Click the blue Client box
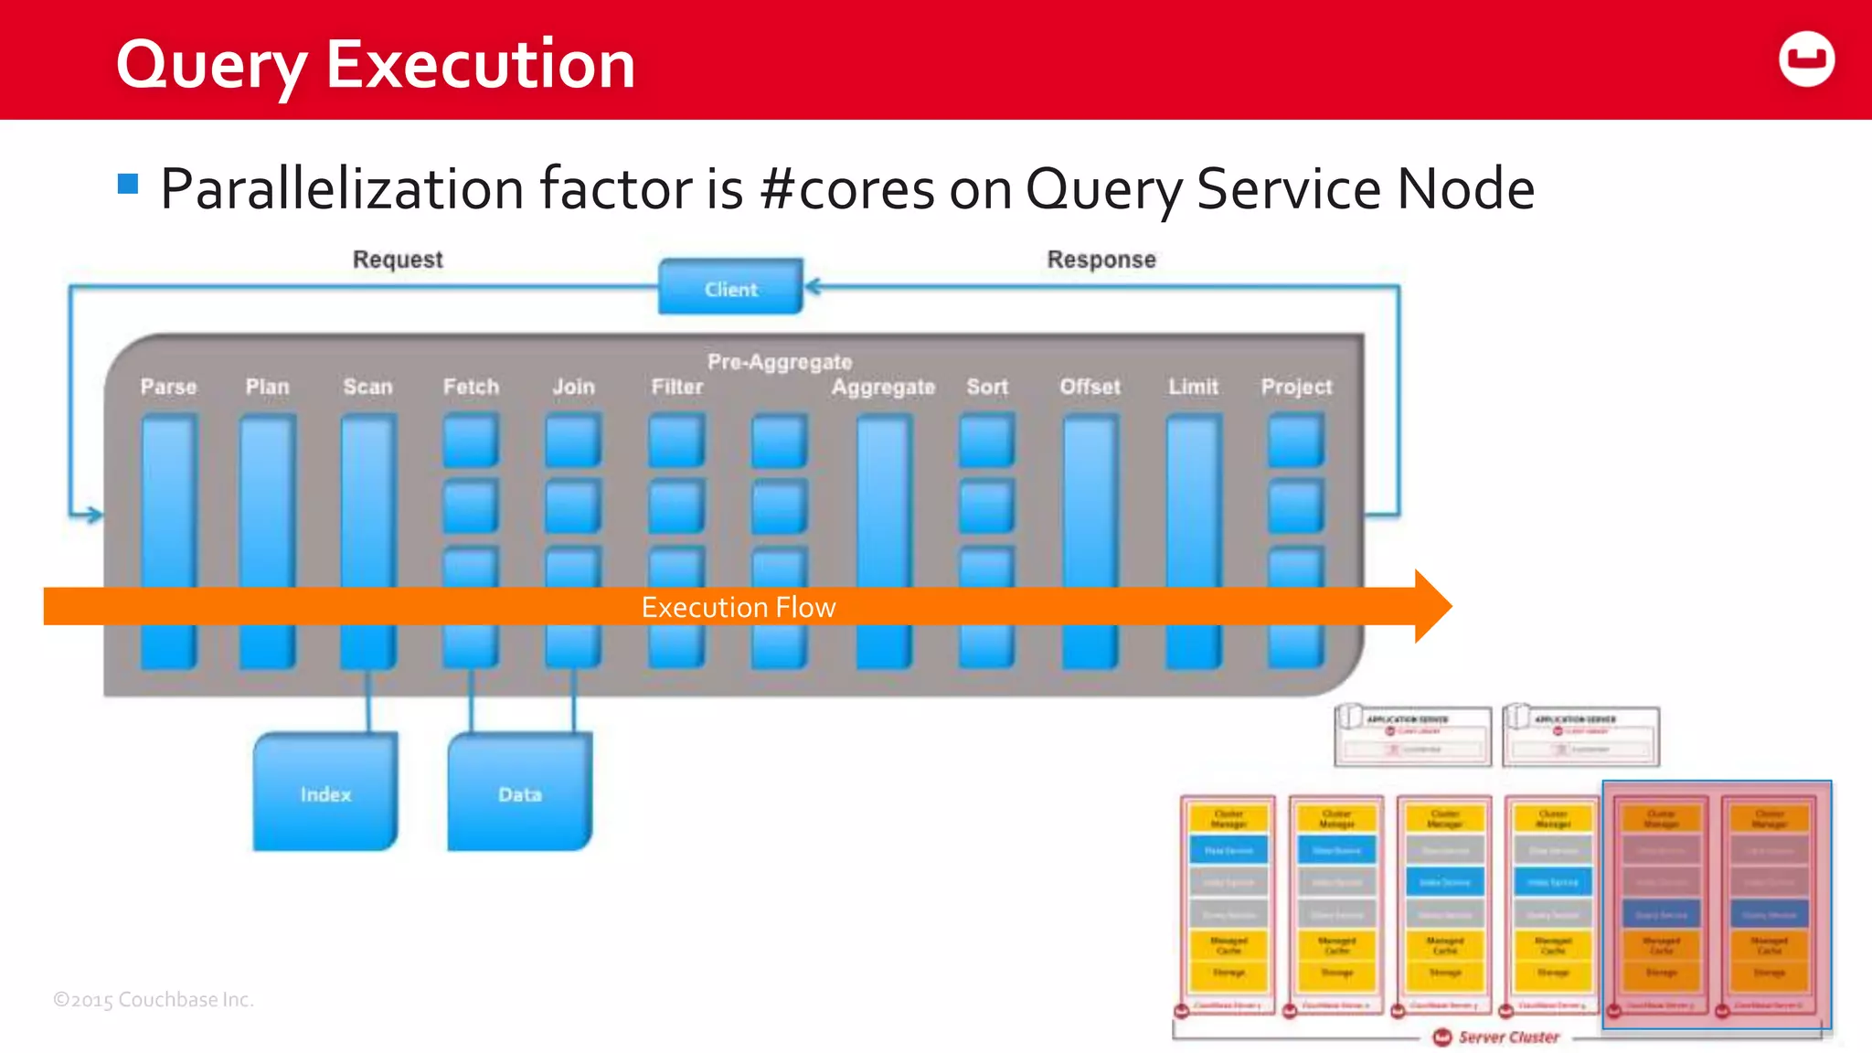[730, 288]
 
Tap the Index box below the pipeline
[325, 793]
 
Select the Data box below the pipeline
[519, 793]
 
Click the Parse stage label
[168, 387]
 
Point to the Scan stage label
[367, 387]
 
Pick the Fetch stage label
[471, 387]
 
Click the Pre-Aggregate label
[779, 362]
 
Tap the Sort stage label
[987, 387]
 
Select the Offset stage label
[1090, 387]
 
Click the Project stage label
[1296, 387]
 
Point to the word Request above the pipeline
[398, 260]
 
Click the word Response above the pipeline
[1101, 260]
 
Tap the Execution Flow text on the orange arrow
[738, 607]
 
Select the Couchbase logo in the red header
[1806, 59]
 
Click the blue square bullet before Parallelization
[128, 185]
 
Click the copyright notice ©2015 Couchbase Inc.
[154, 999]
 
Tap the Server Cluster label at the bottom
[1508, 1037]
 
